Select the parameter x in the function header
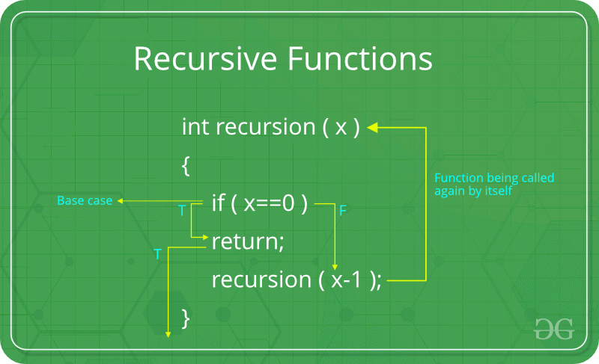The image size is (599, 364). coord(341,128)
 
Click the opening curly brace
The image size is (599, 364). coord(186,166)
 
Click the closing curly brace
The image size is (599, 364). coord(186,318)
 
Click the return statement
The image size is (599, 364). coord(248,241)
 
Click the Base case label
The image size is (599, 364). coord(85,200)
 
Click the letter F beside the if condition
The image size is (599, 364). coord(343,211)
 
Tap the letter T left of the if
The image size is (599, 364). coord(181,211)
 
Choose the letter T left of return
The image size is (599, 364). coord(157,254)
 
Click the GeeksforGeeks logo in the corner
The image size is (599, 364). coord(554,328)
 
